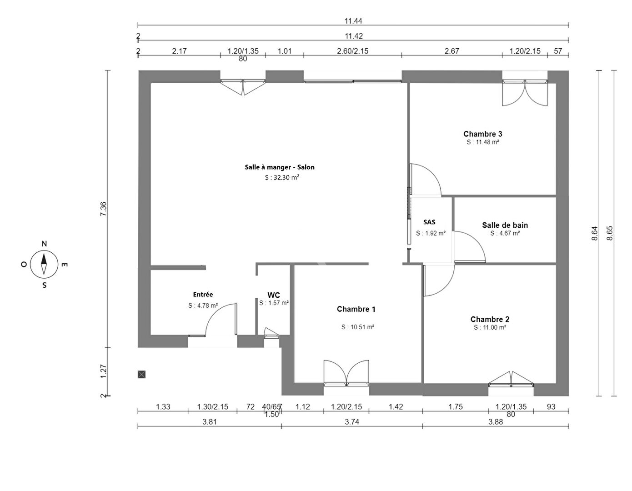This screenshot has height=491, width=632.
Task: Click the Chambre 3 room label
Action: (x=482, y=134)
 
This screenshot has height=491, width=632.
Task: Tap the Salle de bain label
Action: (x=505, y=225)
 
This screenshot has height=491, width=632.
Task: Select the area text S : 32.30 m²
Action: (x=282, y=177)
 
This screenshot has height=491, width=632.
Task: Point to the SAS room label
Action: (x=429, y=222)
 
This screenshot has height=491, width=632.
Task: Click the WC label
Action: (x=274, y=295)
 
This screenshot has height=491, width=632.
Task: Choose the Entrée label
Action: (x=203, y=294)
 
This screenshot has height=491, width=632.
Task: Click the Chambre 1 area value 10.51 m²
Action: (x=358, y=327)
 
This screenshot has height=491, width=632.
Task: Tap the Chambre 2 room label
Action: (x=490, y=319)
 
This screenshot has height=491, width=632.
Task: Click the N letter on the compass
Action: (x=44, y=244)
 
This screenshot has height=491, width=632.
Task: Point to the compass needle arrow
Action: (x=44, y=264)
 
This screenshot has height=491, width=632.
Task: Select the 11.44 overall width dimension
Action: (x=353, y=21)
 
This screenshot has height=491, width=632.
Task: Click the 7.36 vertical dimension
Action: (x=104, y=209)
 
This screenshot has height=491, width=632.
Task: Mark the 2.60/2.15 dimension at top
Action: (x=352, y=51)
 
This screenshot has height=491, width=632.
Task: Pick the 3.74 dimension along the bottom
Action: (x=352, y=421)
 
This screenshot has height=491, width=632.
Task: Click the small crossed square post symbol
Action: (x=141, y=375)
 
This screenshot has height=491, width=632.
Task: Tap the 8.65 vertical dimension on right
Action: (x=610, y=233)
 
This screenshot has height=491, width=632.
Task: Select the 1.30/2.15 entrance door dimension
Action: (x=213, y=407)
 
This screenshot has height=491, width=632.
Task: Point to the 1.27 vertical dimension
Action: (x=104, y=371)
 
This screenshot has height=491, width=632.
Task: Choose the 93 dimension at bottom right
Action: (x=551, y=407)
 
